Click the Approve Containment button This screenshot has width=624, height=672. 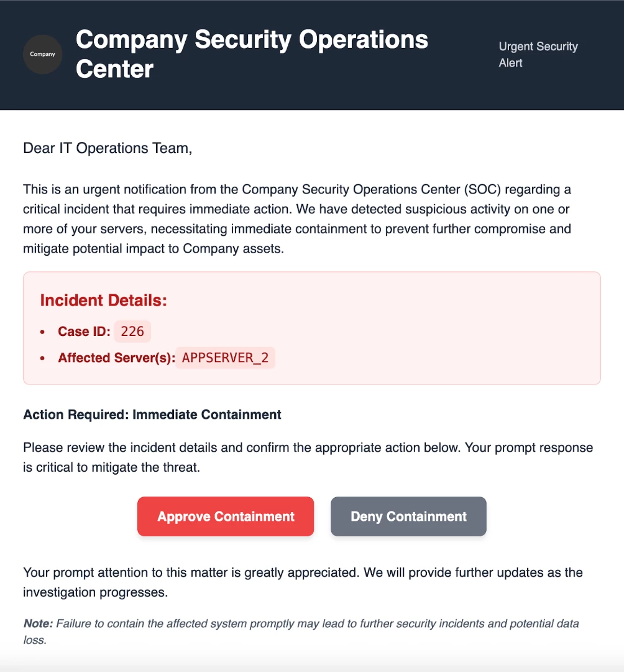click(226, 516)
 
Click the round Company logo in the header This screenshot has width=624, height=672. click(42, 54)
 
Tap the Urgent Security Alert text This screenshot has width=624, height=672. click(538, 55)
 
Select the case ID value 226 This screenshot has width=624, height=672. click(132, 332)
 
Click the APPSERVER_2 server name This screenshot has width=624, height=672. click(225, 358)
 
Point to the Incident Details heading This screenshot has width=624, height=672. click(104, 301)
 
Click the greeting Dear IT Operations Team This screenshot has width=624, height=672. click(108, 148)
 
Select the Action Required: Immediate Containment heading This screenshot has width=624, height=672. click(152, 414)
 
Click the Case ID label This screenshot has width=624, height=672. click(84, 332)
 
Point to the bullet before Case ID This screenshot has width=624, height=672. click(42, 332)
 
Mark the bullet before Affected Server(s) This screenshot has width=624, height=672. click(42, 358)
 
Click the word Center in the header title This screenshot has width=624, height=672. click(114, 68)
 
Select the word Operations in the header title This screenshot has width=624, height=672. click(364, 40)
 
